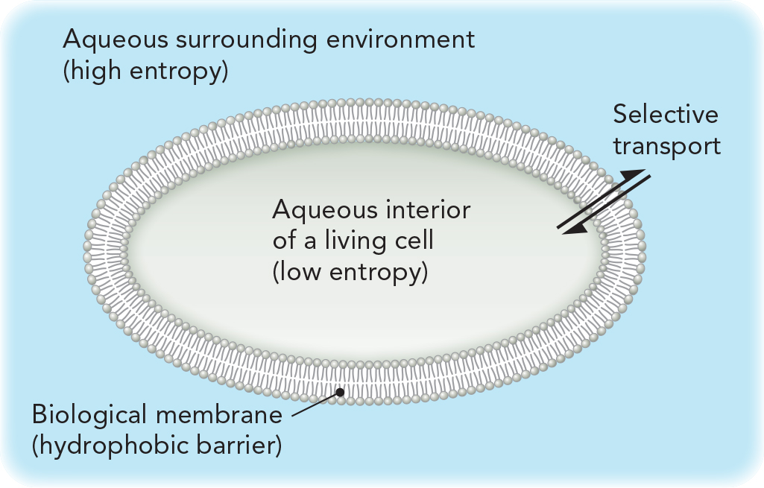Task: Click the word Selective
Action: tap(666, 115)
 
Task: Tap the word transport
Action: tap(667, 146)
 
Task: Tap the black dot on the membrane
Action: tap(340, 391)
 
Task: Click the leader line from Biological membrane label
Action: tap(313, 405)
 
